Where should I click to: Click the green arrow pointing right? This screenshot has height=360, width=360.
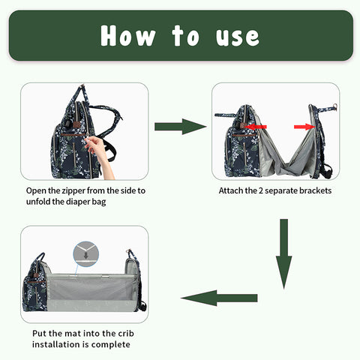click(179, 127)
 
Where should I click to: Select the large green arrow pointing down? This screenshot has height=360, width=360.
click(283, 253)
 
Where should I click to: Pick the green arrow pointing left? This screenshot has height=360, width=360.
click(219, 298)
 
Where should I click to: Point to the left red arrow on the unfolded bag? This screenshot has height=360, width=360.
click(258, 127)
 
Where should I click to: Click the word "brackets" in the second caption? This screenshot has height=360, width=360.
click(313, 190)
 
